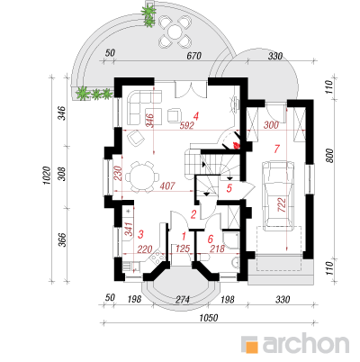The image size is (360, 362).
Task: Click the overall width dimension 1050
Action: (209, 318)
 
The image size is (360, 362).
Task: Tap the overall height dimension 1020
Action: (47, 176)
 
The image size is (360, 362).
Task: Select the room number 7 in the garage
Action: (276, 149)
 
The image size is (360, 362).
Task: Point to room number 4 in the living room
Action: (196, 116)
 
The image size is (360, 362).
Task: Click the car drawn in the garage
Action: (277, 195)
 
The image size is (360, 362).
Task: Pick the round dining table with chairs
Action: (142, 177)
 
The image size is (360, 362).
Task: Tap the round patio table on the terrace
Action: (175, 32)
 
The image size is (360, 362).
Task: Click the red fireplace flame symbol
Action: (237, 146)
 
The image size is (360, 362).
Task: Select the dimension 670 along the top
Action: (193, 56)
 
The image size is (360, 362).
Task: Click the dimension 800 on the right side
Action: (329, 156)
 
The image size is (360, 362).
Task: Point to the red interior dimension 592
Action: (186, 125)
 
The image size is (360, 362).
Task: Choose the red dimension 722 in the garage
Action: (282, 204)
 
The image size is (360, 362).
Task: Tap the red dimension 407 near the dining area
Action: (167, 186)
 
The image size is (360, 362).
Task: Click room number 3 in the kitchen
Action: (140, 234)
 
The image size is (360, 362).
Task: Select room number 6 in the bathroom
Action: (210, 239)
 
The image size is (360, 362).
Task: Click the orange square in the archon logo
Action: (249, 345)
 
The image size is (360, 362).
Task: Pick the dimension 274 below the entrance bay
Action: (183, 300)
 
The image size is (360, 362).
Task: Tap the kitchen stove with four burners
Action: (157, 258)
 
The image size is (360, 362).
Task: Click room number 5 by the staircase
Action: (229, 188)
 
